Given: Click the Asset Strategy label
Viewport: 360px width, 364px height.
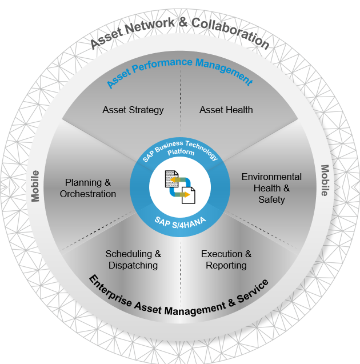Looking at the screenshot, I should tap(133, 110).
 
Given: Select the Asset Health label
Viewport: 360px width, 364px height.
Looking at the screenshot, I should tap(226, 110).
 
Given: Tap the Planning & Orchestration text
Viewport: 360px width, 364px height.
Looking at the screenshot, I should tap(88, 188).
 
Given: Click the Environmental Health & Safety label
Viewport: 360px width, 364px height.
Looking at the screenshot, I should tap(271, 188).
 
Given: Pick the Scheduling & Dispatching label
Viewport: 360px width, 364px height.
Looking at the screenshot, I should tap(133, 259).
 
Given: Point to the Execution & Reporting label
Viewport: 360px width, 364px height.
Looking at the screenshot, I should tap(226, 259).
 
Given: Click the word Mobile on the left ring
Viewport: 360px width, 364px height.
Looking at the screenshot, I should tap(35, 186).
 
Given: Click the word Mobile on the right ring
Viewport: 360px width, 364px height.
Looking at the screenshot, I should tap(325, 181).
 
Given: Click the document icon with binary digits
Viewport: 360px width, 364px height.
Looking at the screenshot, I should tap(172, 178).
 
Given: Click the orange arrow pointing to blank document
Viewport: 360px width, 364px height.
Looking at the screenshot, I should tap(183, 195).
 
